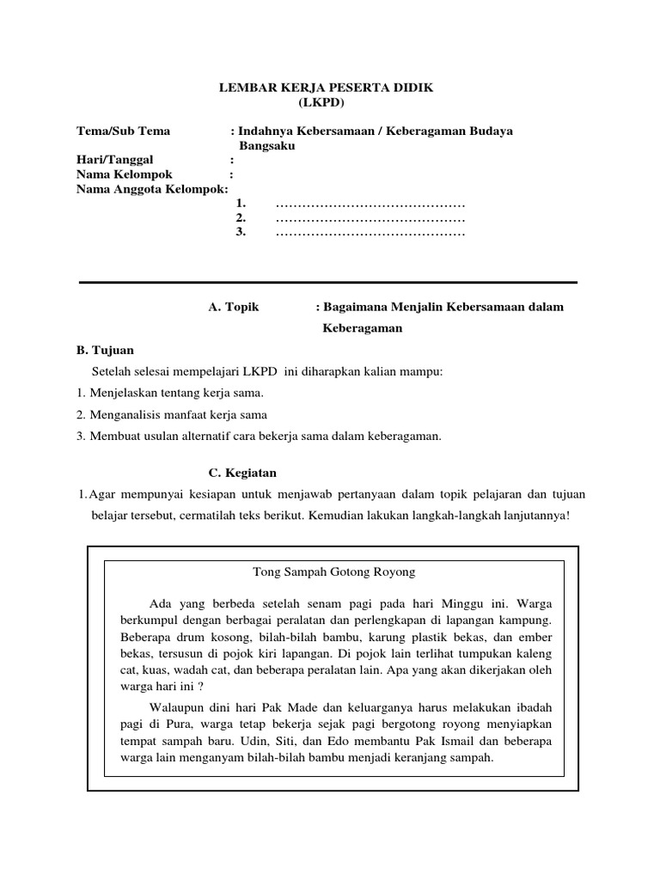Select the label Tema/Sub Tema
(x=123, y=131)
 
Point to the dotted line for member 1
(x=370, y=204)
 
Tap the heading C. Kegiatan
(x=243, y=473)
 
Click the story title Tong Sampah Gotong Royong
(x=334, y=571)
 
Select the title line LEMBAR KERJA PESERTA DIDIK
(x=327, y=89)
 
